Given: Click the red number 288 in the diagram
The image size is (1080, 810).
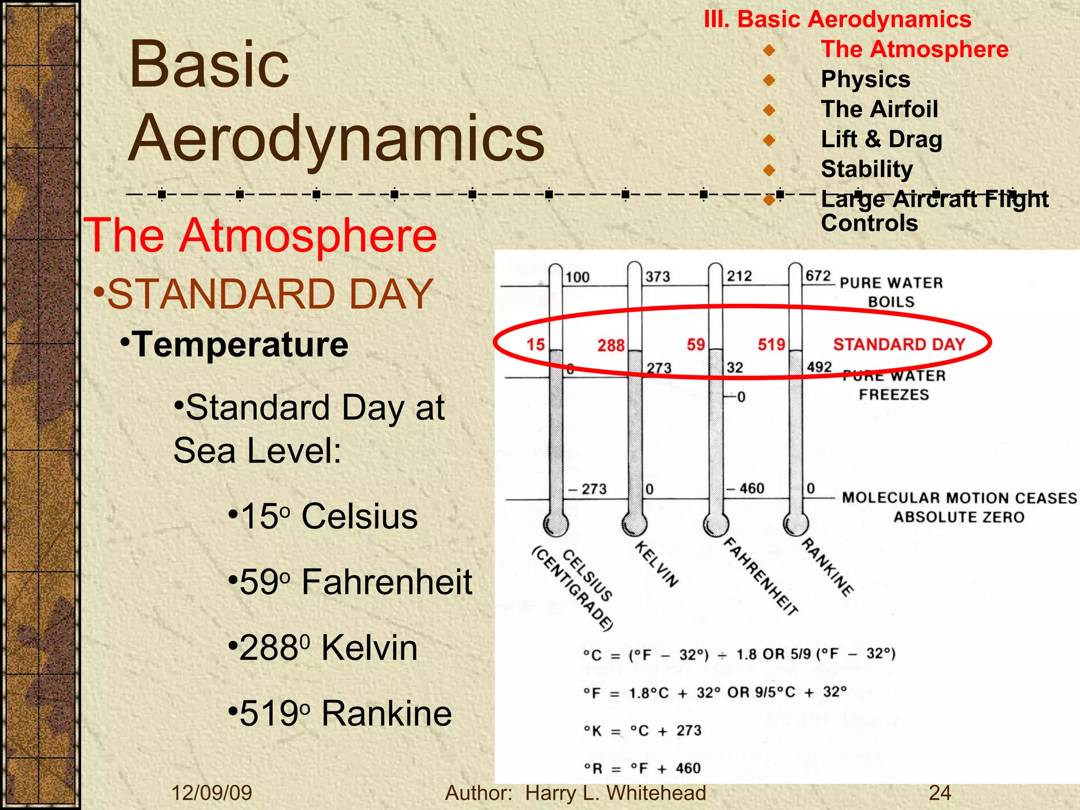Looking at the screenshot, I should coord(611,345).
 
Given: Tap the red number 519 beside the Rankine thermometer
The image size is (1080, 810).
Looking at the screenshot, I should coord(771,345).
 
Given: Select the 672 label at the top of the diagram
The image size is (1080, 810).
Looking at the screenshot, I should coord(818,276).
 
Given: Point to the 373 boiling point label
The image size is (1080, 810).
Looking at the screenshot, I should coord(658,276).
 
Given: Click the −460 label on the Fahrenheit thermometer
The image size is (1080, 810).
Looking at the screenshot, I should coord(745,488).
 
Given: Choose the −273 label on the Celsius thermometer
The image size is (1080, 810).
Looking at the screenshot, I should coord(587,489).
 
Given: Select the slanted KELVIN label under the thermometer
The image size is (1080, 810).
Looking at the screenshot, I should coord(657,564).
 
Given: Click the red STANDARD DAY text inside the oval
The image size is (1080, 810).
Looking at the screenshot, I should coord(899,344).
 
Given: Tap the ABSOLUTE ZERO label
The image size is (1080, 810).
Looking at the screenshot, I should coord(959,517).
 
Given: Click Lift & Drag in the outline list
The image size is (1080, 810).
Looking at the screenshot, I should coord(881,139).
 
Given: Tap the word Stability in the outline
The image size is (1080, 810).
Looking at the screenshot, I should coord(867,169).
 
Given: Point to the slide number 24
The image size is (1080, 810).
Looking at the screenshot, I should coord(940,793).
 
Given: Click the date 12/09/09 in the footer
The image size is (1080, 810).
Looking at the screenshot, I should coord(212,793).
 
